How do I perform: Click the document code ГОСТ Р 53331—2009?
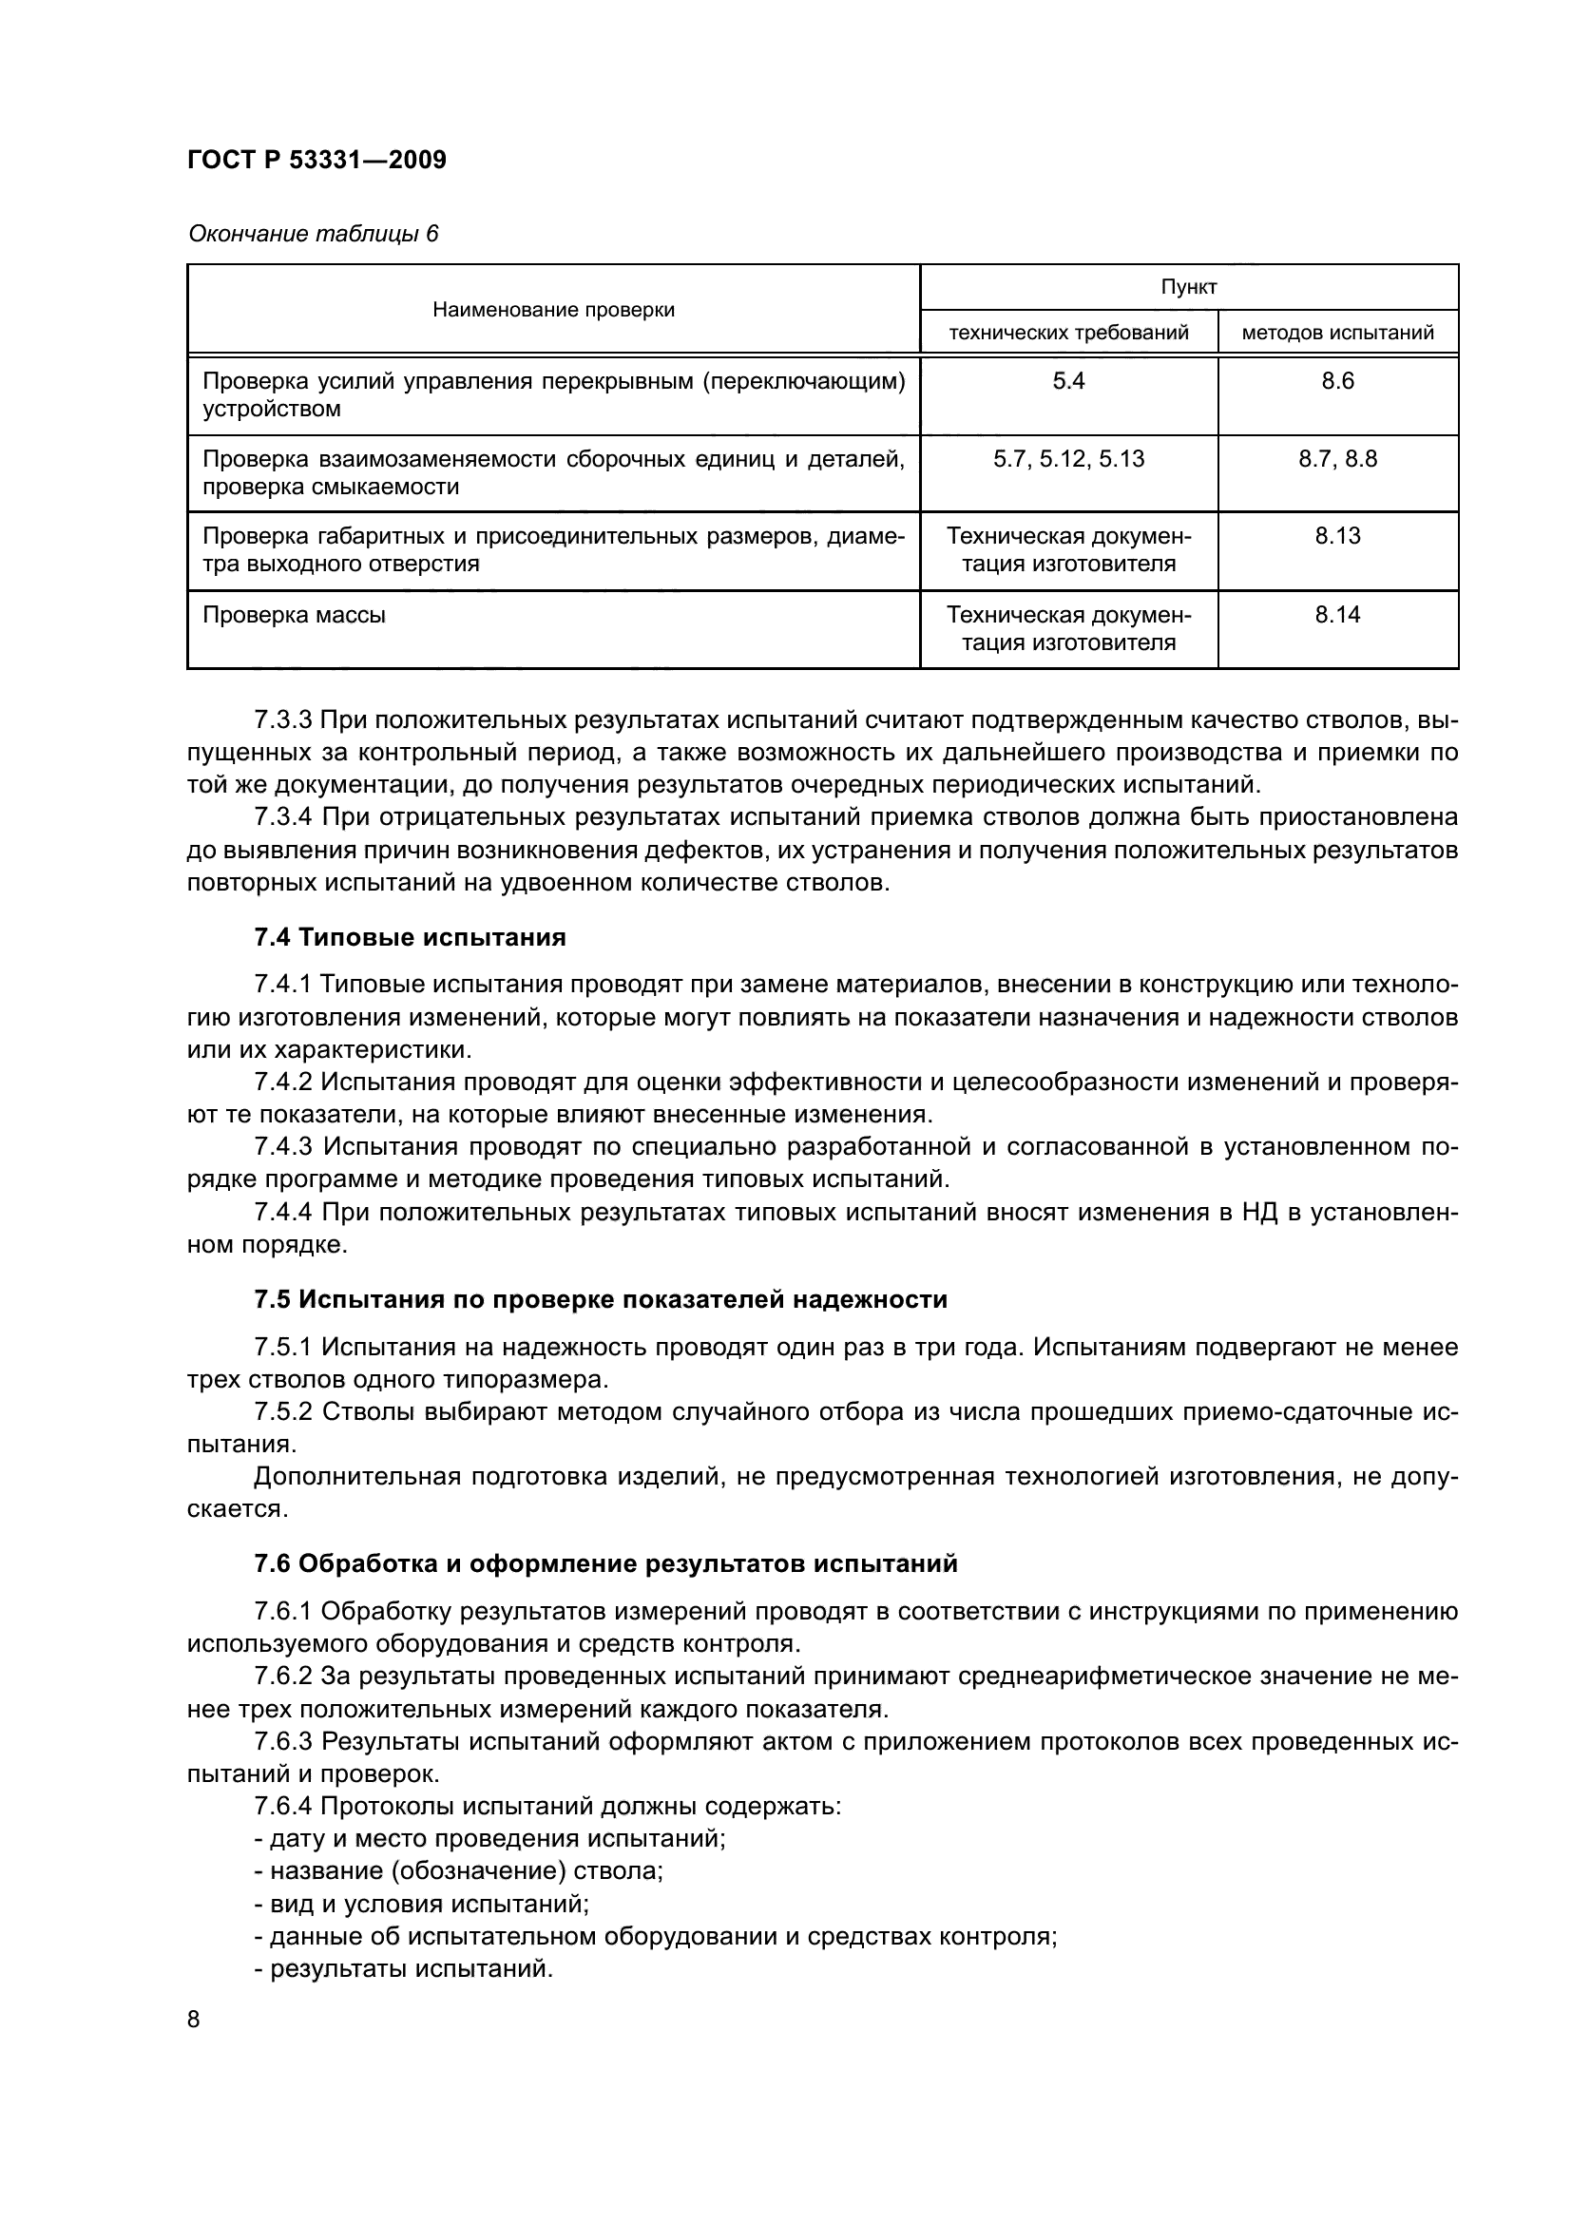[x=316, y=160]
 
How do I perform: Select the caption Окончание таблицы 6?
[x=313, y=234]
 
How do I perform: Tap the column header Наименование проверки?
[x=553, y=310]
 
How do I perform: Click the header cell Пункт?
[x=1189, y=288]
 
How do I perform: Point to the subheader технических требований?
[x=1068, y=333]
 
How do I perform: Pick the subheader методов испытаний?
[x=1337, y=333]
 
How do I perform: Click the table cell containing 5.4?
[x=1068, y=381]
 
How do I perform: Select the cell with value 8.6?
[x=1338, y=381]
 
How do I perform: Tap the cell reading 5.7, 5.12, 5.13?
[x=1068, y=459]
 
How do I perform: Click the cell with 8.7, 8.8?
[x=1338, y=459]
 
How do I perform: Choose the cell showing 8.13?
[x=1338, y=535]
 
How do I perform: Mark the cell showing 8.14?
[x=1338, y=614]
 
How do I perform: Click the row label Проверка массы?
[x=295, y=615]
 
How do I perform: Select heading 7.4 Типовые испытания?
[x=410, y=937]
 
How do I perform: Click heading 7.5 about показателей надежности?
[x=600, y=1299]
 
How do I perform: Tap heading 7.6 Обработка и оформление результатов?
[x=605, y=1563]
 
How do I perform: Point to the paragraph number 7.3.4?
[x=282, y=817]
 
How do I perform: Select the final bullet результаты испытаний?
[x=404, y=1968]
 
